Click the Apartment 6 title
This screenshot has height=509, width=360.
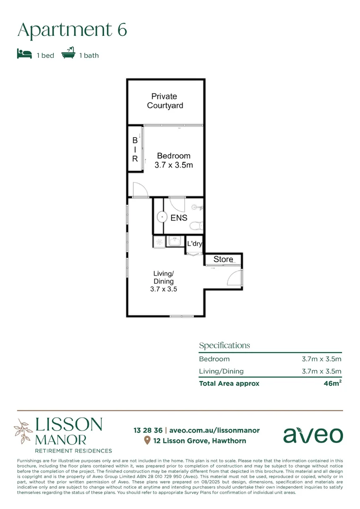click(72, 30)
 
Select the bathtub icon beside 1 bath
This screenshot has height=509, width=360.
click(68, 53)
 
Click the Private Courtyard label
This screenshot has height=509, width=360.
click(164, 101)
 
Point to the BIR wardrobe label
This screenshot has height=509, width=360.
click(135, 150)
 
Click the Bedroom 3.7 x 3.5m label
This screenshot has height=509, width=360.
click(173, 160)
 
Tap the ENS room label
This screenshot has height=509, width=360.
click(179, 218)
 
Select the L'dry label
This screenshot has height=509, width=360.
click(195, 244)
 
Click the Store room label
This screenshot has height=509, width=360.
click(223, 259)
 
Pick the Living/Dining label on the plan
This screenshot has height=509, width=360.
click(164, 281)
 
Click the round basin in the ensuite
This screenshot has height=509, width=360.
click(162, 217)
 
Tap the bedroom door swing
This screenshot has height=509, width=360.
click(140, 189)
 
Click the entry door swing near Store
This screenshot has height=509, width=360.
click(234, 278)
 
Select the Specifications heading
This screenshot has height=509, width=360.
click(224, 345)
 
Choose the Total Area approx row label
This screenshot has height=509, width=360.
click(229, 383)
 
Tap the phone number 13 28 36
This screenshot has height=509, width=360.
click(148, 430)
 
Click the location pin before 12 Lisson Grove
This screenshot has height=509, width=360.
click(147, 441)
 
